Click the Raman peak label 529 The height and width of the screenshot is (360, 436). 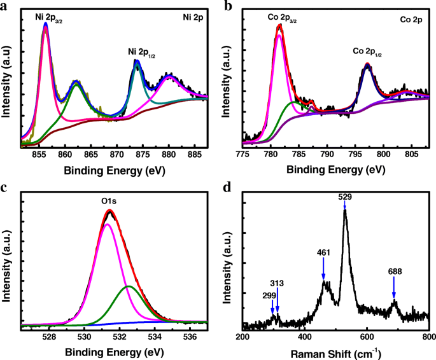point(344,197)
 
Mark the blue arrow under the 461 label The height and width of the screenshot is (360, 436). point(323,273)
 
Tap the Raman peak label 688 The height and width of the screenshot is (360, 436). point(395,272)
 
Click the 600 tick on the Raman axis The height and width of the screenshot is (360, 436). point(367,335)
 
